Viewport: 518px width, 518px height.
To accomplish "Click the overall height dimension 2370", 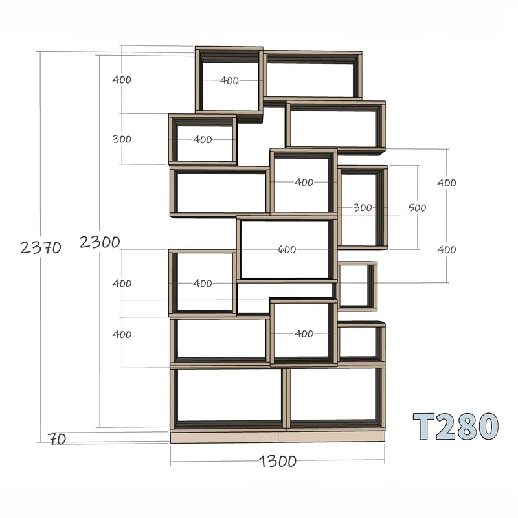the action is tap(41, 247).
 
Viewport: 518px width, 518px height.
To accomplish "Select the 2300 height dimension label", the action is tap(100, 242).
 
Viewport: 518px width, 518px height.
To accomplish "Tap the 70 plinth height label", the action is tap(57, 439).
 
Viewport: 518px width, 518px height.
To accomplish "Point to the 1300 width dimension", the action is tap(278, 461).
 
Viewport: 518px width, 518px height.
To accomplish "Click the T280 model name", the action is tap(456, 427).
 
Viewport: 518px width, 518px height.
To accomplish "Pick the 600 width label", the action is tap(287, 249).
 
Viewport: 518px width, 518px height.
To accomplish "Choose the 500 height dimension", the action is tap(417, 208).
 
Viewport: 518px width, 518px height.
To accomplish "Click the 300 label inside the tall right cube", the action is tap(363, 207).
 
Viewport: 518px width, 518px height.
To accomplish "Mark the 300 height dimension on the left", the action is tap(122, 139).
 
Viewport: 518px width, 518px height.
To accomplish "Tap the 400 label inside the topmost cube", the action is tap(229, 80).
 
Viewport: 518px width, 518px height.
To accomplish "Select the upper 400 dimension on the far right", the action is tap(447, 183).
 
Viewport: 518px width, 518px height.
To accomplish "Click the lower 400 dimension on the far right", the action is tap(447, 249).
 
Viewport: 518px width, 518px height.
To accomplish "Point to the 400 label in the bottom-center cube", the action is tap(304, 333).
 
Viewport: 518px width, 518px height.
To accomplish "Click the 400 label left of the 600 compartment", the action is tap(202, 283).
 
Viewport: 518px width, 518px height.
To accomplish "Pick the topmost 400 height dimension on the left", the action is tap(122, 80).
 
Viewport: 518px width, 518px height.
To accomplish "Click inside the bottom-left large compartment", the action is tap(228, 395).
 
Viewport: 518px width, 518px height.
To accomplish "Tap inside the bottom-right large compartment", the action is tap(333, 394).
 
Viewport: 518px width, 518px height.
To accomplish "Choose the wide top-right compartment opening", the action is tap(310, 80).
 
